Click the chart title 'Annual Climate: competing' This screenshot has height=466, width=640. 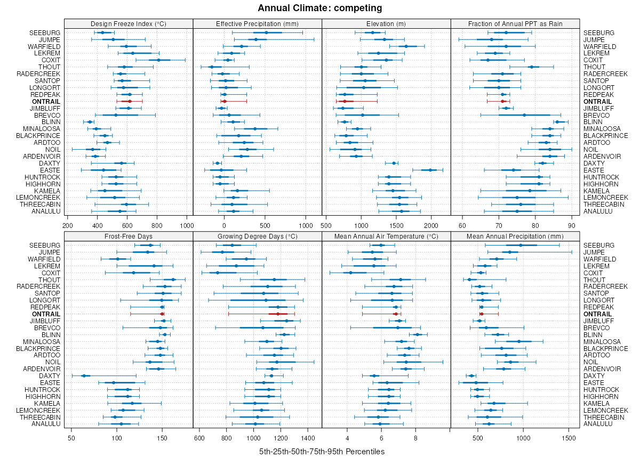point(319,8)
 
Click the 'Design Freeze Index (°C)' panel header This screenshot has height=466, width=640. point(129,23)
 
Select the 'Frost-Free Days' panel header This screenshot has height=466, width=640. point(129,236)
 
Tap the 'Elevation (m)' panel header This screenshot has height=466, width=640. point(386,23)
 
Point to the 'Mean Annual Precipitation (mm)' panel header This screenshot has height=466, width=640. point(515,236)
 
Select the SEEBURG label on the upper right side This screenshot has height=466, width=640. point(598,33)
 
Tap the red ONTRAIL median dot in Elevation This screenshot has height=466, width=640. point(345,101)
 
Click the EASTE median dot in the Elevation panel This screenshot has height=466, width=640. point(430,170)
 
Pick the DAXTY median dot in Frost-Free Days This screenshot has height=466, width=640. point(83,376)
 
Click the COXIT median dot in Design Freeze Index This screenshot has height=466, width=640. point(158,60)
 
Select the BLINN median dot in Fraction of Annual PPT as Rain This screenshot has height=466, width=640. point(557,122)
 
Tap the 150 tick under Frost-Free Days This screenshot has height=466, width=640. point(163,438)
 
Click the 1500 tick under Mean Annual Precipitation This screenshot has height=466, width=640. point(570,438)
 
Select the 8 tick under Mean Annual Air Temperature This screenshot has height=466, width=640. point(415,438)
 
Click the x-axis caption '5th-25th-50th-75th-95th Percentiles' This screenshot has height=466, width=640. point(322,452)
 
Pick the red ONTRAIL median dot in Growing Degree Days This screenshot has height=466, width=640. point(278,314)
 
